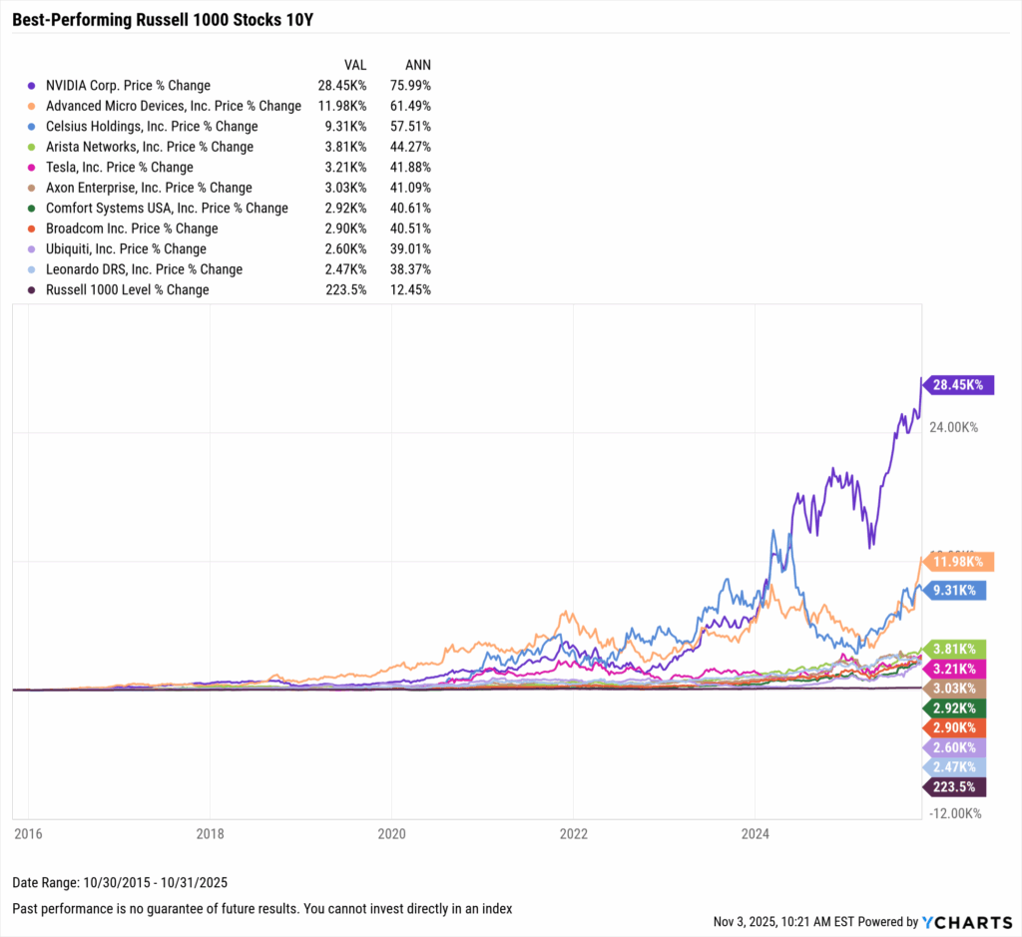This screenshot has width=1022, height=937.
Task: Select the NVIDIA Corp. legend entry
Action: click(x=128, y=86)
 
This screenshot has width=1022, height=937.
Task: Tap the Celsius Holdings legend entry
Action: click(x=152, y=127)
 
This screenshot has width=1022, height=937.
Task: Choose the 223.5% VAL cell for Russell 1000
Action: click(x=346, y=290)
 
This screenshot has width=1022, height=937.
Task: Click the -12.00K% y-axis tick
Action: click(x=956, y=813)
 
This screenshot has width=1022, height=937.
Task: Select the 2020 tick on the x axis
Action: click(x=392, y=832)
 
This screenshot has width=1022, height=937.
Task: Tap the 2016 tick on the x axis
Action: click(x=28, y=832)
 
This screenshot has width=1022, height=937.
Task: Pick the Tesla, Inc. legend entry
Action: click(x=119, y=168)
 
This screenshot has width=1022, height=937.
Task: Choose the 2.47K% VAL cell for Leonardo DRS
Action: click(x=346, y=269)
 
